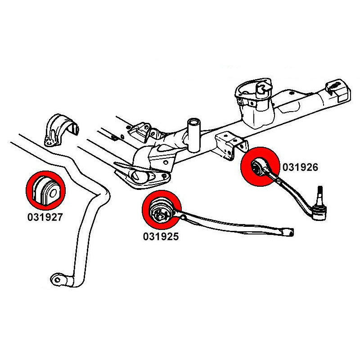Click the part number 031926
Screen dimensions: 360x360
pos(300,167)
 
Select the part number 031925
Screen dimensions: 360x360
pos(161,236)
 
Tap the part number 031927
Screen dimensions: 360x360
pos(44,217)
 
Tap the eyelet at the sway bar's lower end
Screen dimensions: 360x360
pos(57,279)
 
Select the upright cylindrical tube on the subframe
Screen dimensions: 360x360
pos(194,134)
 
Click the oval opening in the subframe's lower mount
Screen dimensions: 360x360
pos(139,177)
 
